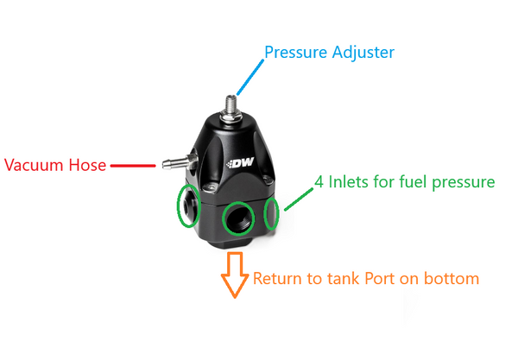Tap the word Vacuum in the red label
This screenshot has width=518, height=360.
pos(35,165)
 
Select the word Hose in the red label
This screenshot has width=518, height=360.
pos(88,165)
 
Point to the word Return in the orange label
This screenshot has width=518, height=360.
pos(276,279)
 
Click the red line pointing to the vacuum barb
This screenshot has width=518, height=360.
pos(130,164)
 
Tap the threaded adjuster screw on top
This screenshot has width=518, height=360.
pos(231,108)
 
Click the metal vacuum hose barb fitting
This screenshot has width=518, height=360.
pos(170,163)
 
